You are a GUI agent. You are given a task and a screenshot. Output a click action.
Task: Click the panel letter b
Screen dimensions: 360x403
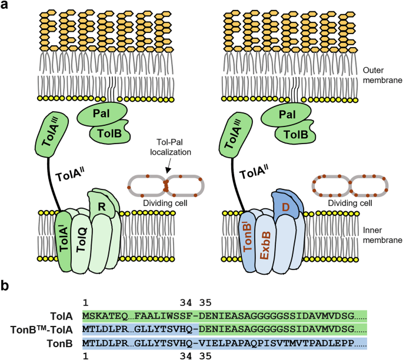[x=6, y=286]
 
